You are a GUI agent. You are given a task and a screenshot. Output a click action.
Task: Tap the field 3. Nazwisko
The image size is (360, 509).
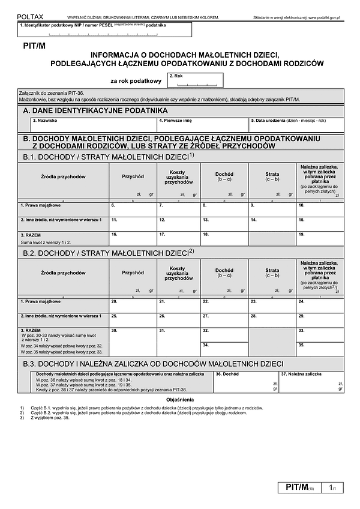[x=94, y=124]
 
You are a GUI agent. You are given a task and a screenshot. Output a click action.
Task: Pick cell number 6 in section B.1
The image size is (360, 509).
[x=133, y=209]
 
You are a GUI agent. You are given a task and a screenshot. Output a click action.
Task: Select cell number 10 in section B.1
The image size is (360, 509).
[x=320, y=209]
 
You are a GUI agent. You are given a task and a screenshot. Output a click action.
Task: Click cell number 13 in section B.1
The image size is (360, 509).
[x=225, y=223]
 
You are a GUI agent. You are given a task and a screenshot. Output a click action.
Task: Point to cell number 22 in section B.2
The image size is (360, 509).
[x=225, y=304]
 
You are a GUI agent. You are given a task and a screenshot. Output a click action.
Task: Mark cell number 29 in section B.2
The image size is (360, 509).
[x=320, y=319]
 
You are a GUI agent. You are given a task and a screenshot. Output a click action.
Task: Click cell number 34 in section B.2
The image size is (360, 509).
[x=225, y=349]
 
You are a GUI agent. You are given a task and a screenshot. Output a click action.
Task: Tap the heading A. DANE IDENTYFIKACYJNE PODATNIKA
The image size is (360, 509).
[x=95, y=111]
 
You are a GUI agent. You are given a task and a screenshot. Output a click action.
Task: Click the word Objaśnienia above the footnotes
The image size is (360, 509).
[x=180, y=399]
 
